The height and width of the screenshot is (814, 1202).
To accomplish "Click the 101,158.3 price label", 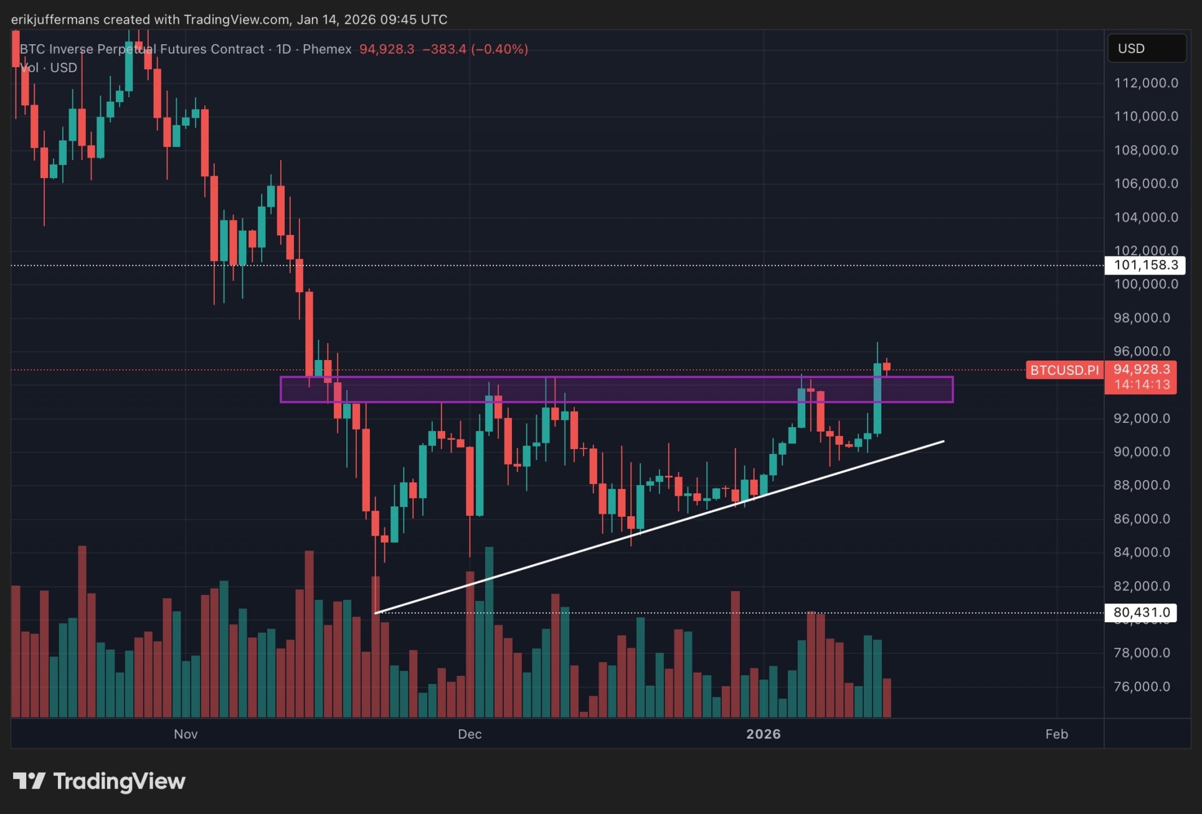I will tap(1145, 265).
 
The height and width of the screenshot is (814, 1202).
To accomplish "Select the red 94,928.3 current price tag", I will tap(1141, 369).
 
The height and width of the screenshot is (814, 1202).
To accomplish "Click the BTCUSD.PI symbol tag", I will tap(1064, 371).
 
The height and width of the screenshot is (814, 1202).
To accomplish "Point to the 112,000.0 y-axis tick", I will tap(1145, 83).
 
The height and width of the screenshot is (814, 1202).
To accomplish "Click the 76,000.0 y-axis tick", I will tap(1141, 686).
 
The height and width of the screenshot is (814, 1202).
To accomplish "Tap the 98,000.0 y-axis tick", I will tap(1141, 318).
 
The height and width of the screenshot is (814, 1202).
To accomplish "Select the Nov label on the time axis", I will tap(186, 734).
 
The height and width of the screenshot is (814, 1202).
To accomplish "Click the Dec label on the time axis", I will tap(470, 734).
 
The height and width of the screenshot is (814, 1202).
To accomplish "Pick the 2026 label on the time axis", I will tap(763, 734).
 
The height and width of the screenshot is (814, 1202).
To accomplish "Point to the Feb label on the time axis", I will tap(1056, 734).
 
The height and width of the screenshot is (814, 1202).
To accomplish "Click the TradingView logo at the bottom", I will tap(100, 781).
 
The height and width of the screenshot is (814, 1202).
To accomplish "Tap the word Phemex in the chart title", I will tap(327, 49).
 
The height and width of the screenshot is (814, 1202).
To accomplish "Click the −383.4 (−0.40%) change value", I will tap(475, 49).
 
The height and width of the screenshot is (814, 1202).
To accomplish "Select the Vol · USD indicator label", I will tap(49, 68).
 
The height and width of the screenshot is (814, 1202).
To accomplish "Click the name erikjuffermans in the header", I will tap(55, 19).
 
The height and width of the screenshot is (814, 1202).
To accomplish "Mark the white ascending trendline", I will tap(660, 527).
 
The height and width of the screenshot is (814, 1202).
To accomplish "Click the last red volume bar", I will tap(887, 698).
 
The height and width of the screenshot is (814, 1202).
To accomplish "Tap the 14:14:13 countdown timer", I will tap(1141, 385).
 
